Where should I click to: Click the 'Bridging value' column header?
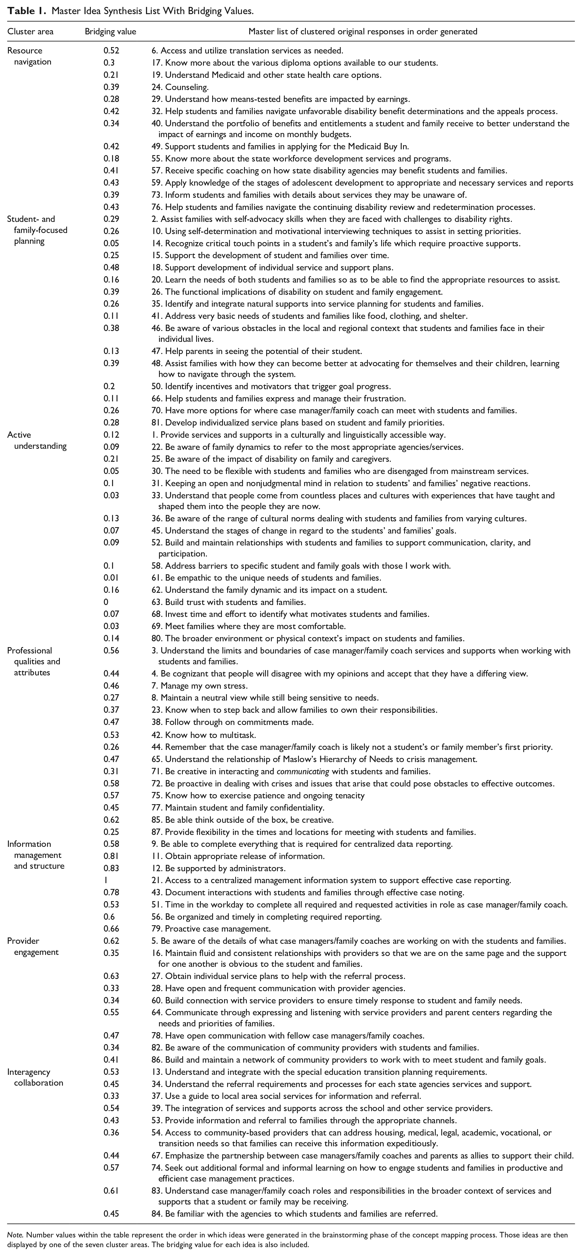point(110,32)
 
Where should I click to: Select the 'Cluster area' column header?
point(30,32)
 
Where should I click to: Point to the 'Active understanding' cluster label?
point(37,440)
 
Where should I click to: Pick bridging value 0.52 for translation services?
point(111,50)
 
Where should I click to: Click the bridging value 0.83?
point(111,868)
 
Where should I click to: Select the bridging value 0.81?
point(111,856)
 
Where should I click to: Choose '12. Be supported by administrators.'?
point(218,868)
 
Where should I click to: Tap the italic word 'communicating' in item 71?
point(303,771)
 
